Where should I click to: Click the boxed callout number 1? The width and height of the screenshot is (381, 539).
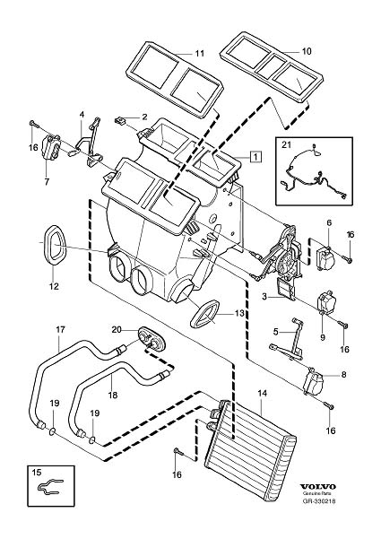[256, 156]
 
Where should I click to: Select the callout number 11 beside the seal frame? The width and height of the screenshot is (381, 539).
[200, 53]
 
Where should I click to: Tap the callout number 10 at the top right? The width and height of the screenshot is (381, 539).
[307, 51]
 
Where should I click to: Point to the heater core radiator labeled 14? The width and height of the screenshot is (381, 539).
[250, 434]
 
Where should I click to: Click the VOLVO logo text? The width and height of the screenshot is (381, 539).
[318, 487]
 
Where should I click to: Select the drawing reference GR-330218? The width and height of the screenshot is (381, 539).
[318, 501]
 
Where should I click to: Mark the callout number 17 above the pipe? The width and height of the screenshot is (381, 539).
[60, 329]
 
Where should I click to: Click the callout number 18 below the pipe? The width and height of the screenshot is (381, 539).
[112, 395]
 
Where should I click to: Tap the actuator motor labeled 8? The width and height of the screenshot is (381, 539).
[314, 380]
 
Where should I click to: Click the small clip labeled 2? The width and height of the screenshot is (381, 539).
[119, 120]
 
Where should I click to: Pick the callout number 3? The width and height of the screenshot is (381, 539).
[264, 296]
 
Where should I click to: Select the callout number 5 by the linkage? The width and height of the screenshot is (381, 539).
[275, 332]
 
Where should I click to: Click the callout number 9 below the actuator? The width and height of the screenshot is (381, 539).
[322, 337]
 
